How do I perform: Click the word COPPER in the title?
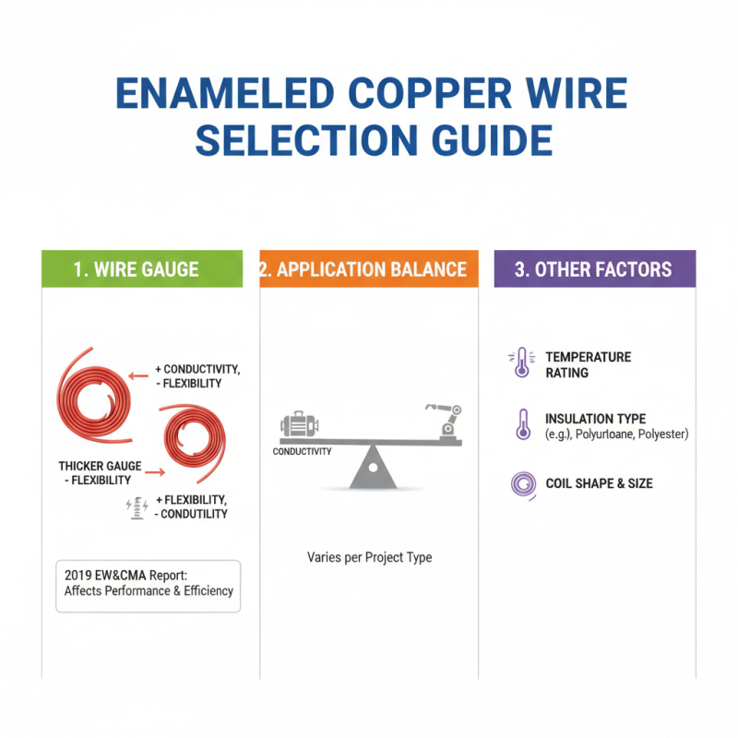point(408,95)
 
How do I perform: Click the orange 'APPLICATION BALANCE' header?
point(369,269)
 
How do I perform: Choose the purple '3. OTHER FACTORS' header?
point(593,269)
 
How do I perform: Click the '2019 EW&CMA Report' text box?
point(148,585)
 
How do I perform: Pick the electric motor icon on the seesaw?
point(297,425)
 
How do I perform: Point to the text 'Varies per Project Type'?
point(369,557)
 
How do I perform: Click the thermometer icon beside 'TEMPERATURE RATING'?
point(522,363)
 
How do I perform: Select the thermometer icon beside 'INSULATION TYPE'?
point(523,424)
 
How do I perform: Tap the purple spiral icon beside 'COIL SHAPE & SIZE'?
point(523,483)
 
